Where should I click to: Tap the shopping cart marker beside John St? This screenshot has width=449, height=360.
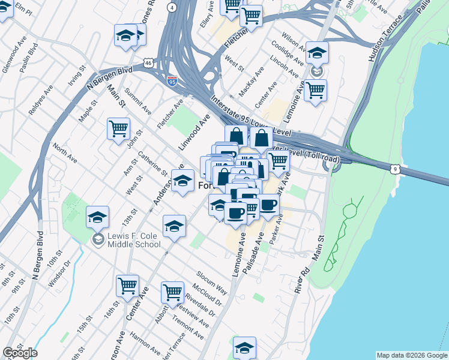tap(119, 128)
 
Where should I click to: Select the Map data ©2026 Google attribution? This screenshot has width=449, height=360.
tap(412, 355)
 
